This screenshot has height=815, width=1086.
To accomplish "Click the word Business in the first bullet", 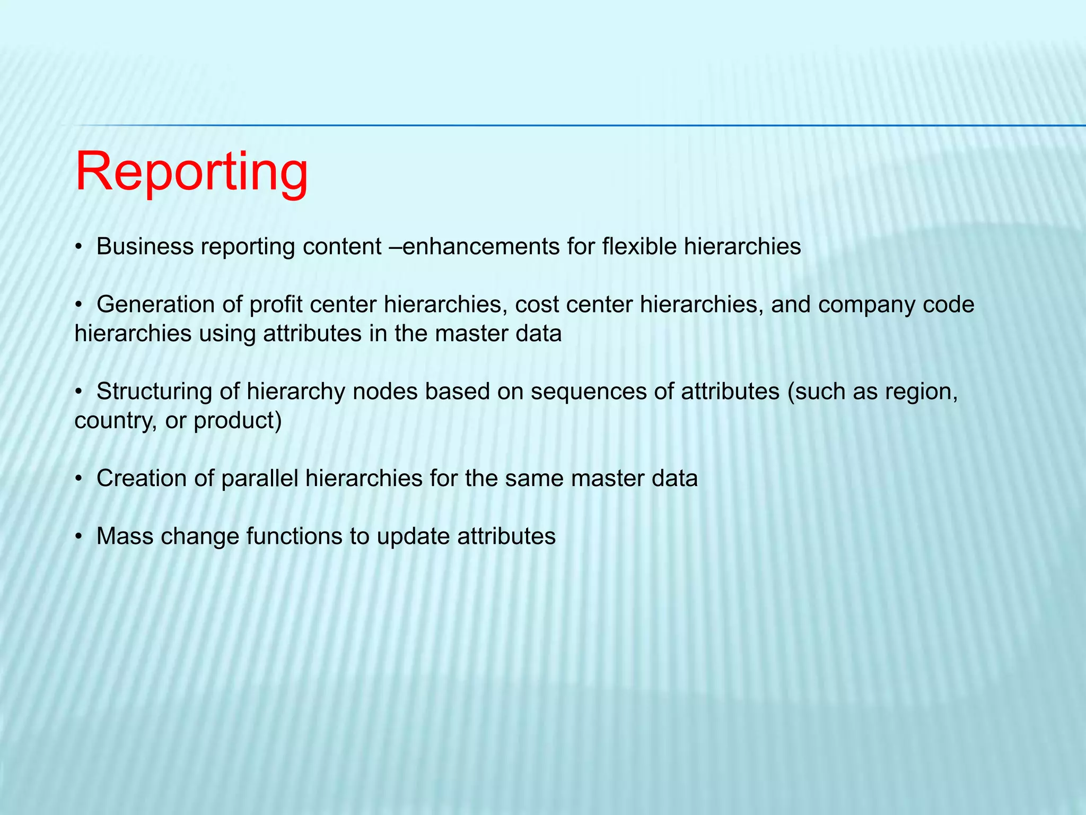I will (145, 247).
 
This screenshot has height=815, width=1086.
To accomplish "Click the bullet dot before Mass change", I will (78, 537).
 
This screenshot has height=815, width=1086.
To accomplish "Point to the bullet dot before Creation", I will (78, 479).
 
